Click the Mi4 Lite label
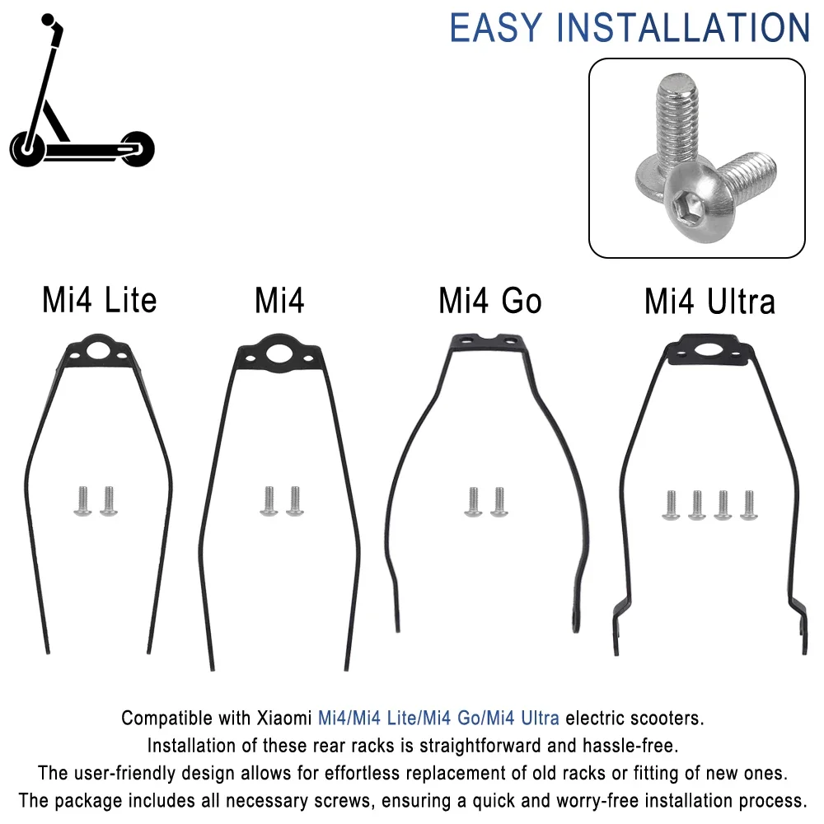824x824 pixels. [99, 301]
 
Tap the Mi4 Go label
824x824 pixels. [490, 302]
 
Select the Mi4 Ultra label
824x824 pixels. [709, 302]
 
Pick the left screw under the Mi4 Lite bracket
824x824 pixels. [82, 501]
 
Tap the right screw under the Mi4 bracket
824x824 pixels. [294, 501]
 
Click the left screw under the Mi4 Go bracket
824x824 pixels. [473, 501]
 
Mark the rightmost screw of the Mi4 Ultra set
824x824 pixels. [748, 504]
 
